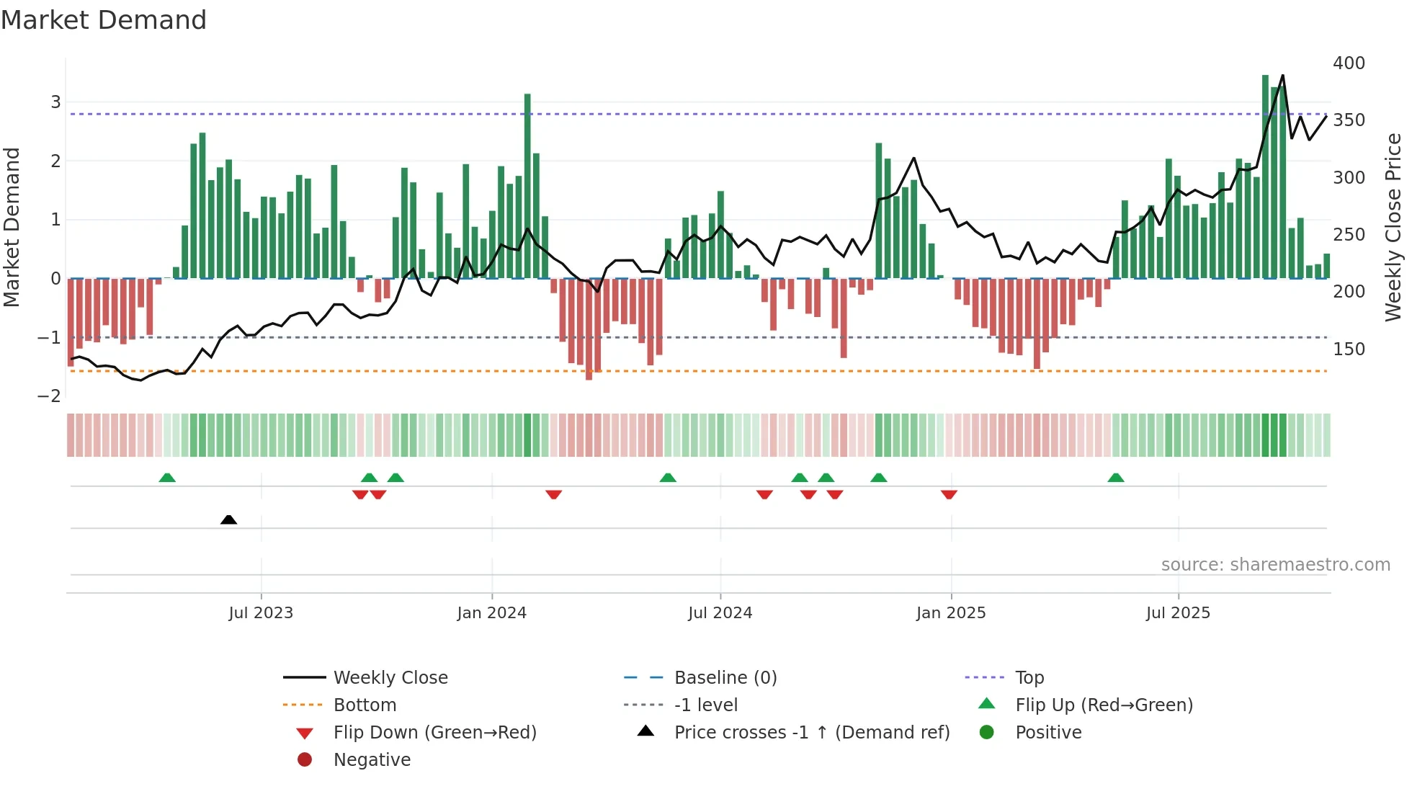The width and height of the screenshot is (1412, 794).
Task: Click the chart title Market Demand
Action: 104,20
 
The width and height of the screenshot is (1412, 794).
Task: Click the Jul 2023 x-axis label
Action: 261,613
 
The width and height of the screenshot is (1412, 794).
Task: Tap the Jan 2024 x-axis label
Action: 491,613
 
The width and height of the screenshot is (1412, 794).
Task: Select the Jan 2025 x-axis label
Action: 950,613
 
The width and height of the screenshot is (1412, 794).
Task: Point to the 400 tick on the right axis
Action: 1349,63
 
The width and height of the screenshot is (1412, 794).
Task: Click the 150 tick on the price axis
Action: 1349,349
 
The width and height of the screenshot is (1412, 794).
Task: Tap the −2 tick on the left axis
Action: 49,396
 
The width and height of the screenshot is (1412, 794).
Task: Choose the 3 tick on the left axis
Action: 55,102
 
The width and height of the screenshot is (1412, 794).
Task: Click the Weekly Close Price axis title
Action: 1393,227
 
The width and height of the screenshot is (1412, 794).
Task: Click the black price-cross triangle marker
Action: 228,519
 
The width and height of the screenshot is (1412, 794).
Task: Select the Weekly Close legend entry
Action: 390,678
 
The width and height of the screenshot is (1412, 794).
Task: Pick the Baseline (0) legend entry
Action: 725,678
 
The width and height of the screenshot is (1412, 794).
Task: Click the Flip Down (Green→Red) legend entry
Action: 434,733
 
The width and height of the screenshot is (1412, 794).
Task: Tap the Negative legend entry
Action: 372,760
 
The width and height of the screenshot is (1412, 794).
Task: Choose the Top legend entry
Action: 1029,678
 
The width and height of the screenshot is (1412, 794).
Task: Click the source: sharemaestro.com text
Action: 1275,565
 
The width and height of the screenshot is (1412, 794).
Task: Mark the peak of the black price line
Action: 1282,76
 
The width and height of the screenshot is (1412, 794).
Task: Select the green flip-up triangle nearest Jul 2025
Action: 1115,478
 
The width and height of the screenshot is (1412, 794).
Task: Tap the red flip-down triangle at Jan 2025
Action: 949,494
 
